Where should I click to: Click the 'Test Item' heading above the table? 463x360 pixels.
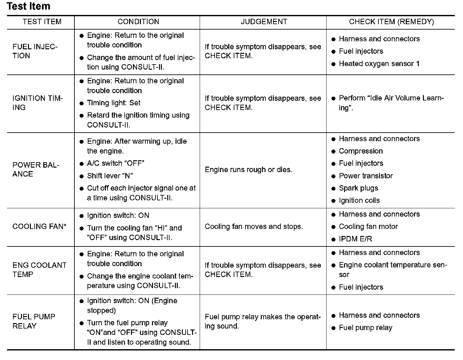tap(28, 6)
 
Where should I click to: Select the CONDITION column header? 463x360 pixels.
tap(138, 22)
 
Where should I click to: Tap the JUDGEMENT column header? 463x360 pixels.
tap(264, 22)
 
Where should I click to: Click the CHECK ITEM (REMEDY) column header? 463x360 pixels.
tap(391, 22)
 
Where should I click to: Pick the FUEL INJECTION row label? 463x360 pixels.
tap(35, 51)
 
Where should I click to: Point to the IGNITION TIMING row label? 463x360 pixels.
tap(38, 103)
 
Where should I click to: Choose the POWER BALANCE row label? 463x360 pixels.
tap(36, 170)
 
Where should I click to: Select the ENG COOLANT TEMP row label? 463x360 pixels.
tap(39, 270)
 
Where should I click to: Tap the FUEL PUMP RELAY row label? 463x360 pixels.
tap(34, 321)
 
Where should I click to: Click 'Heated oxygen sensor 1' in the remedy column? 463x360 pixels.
tap(379, 64)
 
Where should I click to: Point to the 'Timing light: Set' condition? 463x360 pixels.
tap(114, 103)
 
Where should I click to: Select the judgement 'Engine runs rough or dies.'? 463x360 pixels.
tap(248, 170)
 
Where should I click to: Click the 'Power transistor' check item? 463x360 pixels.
tap(366, 176)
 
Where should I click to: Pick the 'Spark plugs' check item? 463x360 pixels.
tap(358, 188)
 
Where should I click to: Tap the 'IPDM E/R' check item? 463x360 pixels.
tap(355, 239)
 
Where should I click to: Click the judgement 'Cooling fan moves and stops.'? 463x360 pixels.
tap(254, 226)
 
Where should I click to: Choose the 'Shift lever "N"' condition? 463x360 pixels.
tap(110, 176)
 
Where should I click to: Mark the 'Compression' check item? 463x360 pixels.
tap(361, 151)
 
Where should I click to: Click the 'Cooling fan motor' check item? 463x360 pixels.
tap(368, 226)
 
